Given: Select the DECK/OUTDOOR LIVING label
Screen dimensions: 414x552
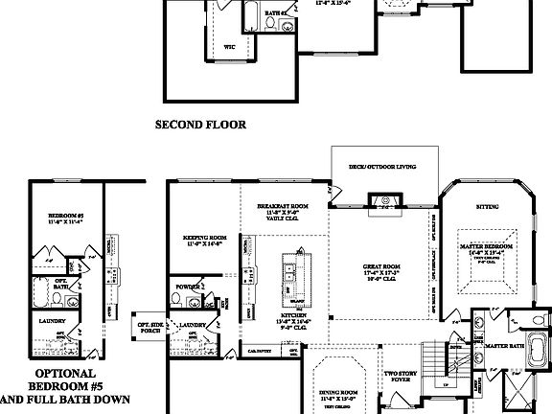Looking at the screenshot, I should coord(382,167).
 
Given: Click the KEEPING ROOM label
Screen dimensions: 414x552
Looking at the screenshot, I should coord(204,240).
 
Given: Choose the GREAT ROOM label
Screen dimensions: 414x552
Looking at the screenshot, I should coord(381,268).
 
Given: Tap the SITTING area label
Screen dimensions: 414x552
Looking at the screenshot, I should coord(487,206).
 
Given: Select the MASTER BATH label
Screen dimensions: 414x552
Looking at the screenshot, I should coord(503,345).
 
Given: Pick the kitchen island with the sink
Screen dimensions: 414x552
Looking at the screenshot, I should coord(291,277).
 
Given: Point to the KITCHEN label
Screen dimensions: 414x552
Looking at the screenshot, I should coord(293,316).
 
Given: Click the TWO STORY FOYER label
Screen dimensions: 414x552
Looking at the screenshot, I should coord(398,377).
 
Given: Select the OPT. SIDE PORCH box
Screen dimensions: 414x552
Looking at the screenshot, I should coord(149,329).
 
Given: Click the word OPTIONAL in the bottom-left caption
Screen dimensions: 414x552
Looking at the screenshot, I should coord(65,373).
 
